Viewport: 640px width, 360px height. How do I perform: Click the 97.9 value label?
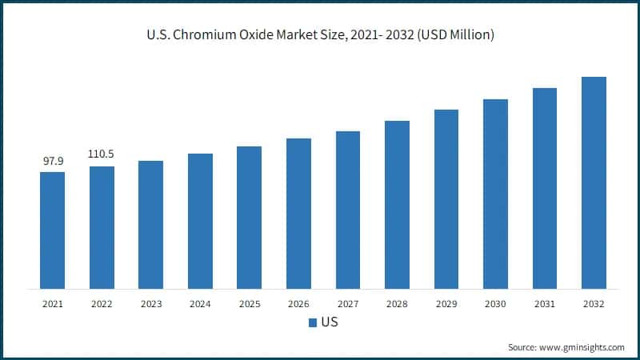pyautogui.click(x=53, y=161)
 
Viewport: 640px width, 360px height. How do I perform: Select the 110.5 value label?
pyautogui.click(x=102, y=154)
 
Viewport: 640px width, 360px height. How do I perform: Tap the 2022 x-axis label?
pyautogui.click(x=102, y=304)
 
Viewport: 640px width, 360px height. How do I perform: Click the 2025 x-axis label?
pyautogui.click(x=249, y=304)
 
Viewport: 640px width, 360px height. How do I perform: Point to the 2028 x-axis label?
pyautogui.click(x=397, y=304)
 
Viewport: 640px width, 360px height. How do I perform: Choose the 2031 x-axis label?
pyautogui.click(x=544, y=304)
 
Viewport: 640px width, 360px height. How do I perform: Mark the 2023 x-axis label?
pyautogui.click(x=150, y=304)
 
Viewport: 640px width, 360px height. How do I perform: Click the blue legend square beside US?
pyautogui.click(x=312, y=323)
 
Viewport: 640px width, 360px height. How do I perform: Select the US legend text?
pyautogui.click(x=330, y=323)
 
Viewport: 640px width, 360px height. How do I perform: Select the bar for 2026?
pyautogui.click(x=298, y=214)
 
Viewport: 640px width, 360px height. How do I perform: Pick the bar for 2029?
pyautogui.click(x=446, y=199)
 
